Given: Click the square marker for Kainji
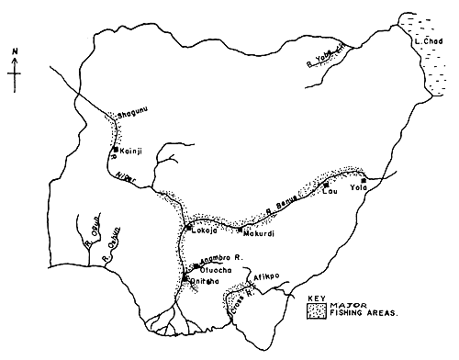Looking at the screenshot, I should point(115,149).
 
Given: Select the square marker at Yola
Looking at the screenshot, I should point(364,180).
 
